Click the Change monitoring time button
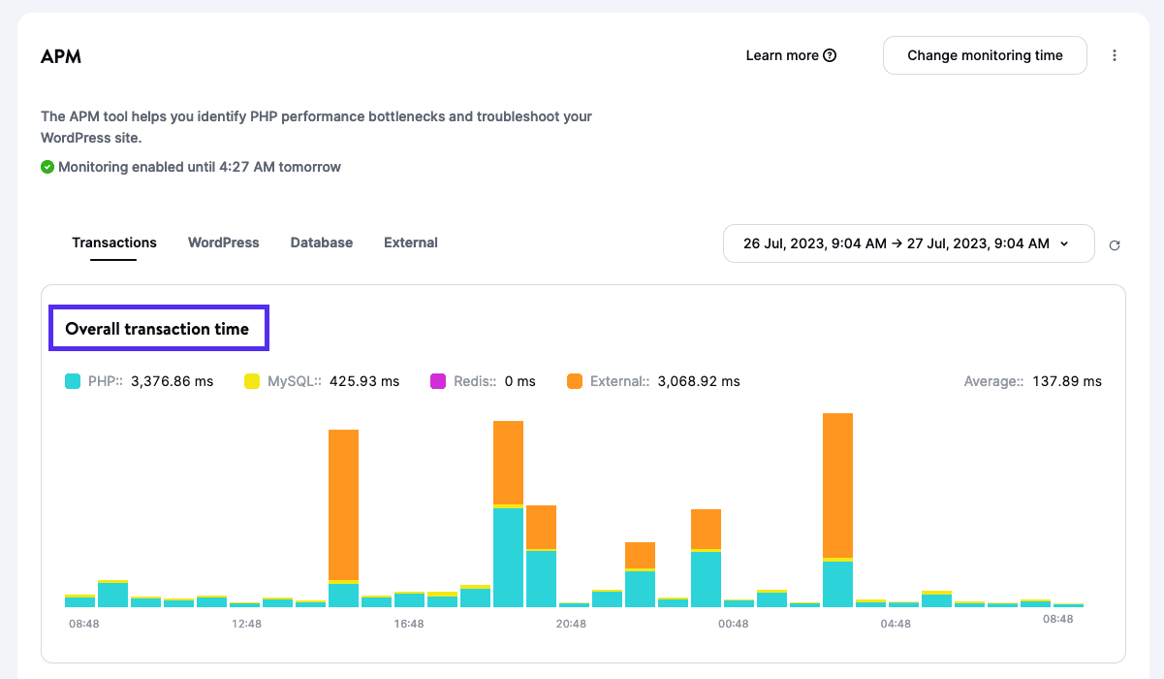(985, 55)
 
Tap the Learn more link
(791, 55)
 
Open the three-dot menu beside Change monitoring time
(1115, 55)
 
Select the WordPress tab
(223, 242)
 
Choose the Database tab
(321, 242)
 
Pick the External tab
(410, 242)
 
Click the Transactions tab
(114, 242)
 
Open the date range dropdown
(908, 243)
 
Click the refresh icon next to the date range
(1115, 245)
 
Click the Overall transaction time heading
(157, 329)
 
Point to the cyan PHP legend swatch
(73, 381)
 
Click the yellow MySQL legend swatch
(252, 381)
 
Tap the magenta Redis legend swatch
(438, 381)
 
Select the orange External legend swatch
(575, 381)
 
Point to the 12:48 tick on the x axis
(246, 624)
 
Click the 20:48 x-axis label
(571, 624)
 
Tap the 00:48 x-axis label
(733, 624)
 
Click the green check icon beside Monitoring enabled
(47, 167)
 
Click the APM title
(61, 56)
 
